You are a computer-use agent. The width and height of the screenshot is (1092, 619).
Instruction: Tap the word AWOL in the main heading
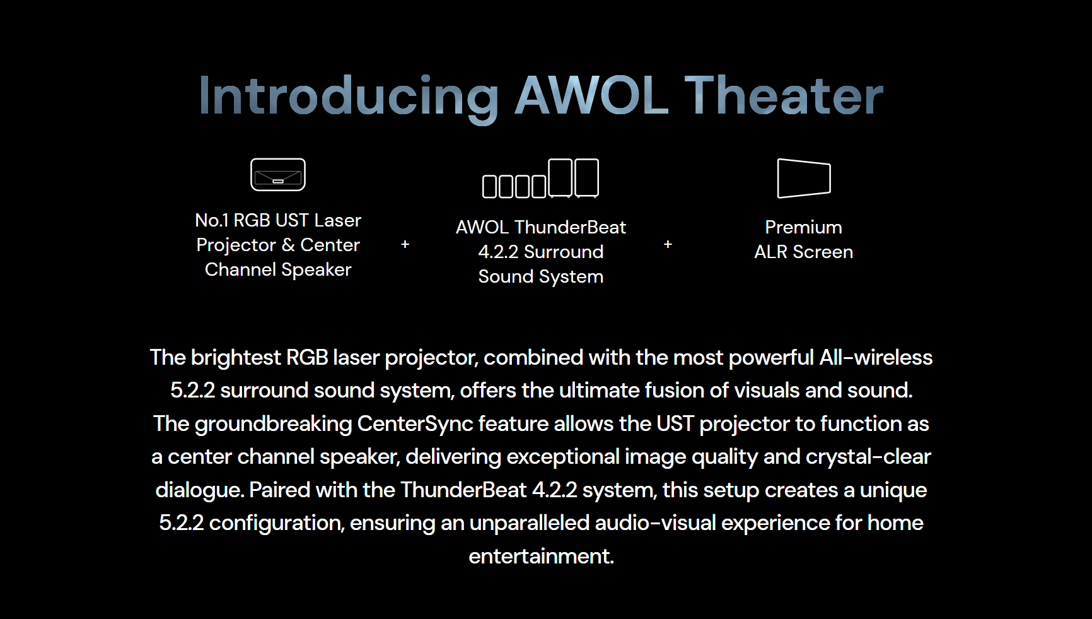pos(591,95)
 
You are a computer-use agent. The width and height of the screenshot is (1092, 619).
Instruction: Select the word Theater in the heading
pos(784,95)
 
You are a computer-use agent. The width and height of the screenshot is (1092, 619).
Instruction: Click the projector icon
pos(278,174)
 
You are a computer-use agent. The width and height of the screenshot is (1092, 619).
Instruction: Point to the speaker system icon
pos(540,179)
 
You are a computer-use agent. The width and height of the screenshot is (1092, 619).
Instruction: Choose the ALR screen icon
pos(804,179)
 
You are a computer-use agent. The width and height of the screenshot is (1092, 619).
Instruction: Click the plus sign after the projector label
pos(405,244)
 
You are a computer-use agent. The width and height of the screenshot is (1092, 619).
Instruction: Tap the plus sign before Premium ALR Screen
pos(668,244)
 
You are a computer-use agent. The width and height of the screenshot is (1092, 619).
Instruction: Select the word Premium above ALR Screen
pos(804,227)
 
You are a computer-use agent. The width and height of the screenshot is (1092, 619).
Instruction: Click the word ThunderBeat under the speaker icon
pos(571,227)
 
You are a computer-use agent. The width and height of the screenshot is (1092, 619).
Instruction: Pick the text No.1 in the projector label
pos(212,220)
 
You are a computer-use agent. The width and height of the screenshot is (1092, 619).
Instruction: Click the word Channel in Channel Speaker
pos(241,269)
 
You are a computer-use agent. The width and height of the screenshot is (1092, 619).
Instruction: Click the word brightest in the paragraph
pos(236,358)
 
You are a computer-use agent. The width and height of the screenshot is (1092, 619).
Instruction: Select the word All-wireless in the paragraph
pos(876,358)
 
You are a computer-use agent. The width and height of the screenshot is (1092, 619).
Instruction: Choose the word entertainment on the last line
pos(541,557)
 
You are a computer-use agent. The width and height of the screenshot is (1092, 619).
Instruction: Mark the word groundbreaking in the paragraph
pos(273,424)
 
